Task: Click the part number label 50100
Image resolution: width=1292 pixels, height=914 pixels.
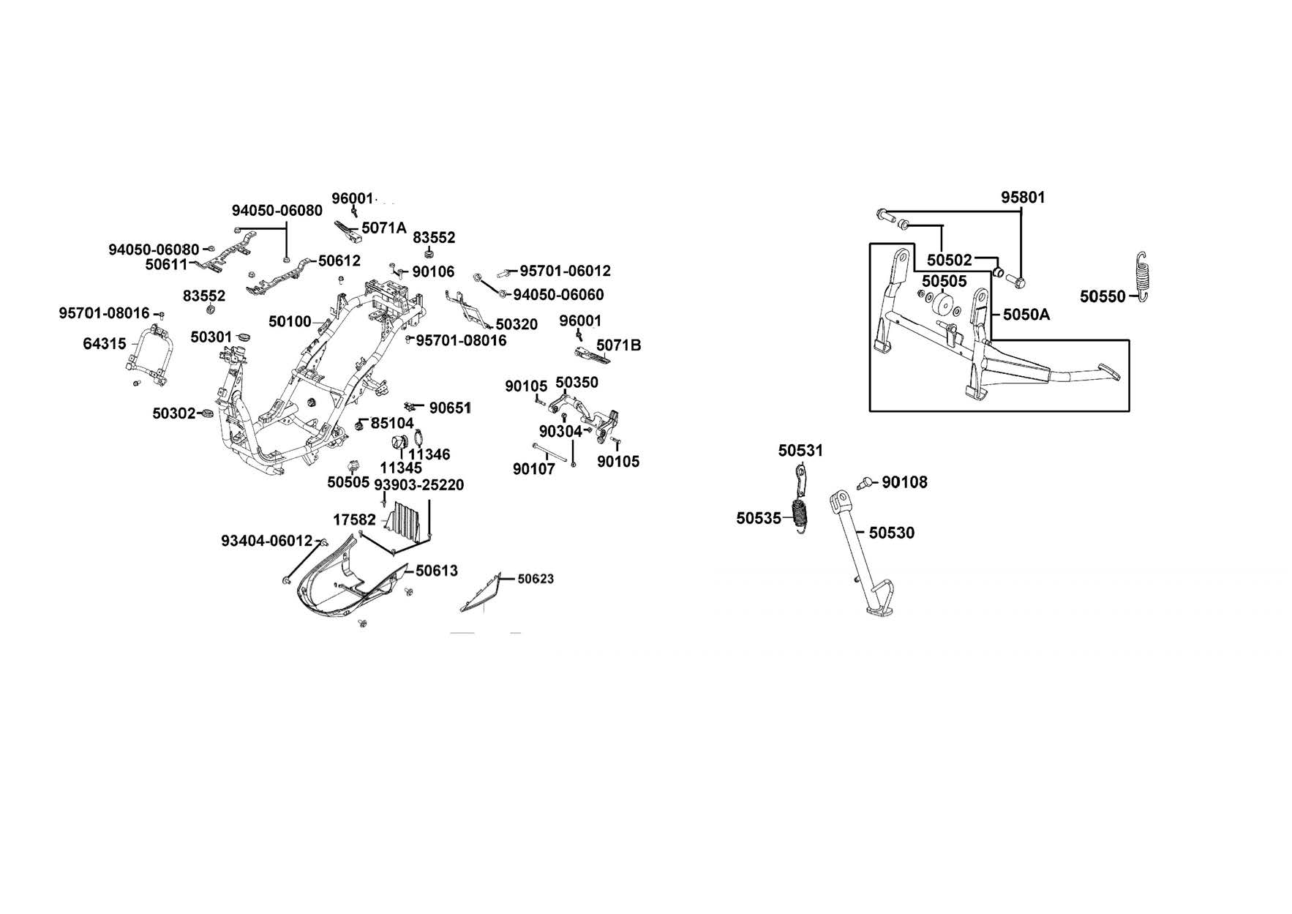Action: pos(290,321)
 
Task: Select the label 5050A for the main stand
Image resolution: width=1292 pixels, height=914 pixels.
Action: pos(1026,315)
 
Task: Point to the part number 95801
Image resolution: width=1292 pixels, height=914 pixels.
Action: pos(1023,198)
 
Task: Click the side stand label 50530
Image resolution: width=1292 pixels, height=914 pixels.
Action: pos(891,533)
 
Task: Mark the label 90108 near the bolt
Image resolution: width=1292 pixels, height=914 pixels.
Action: pos(904,482)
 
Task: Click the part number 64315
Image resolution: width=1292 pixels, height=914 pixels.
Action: pos(104,343)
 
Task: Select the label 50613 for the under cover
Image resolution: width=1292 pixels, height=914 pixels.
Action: pos(437,571)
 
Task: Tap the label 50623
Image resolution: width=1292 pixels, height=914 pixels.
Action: pos(536,579)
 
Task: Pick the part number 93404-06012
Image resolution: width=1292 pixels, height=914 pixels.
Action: pos(266,541)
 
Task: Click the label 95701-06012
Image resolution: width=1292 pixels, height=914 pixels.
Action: pos(565,271)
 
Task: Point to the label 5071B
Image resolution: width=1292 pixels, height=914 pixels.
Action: pos(618,345)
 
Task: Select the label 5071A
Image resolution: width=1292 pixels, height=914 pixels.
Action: pos(383,228)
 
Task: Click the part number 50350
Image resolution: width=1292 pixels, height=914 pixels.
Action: pos(576,383)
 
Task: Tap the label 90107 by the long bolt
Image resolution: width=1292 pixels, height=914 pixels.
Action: pos(533,469)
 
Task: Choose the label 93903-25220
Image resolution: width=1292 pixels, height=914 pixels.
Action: pos(418,485)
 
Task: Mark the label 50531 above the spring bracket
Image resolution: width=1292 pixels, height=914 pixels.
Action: pos(800,451)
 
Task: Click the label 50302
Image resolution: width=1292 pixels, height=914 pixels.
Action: pos(174,413)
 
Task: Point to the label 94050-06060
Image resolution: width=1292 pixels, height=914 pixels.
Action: pos(558,295)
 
